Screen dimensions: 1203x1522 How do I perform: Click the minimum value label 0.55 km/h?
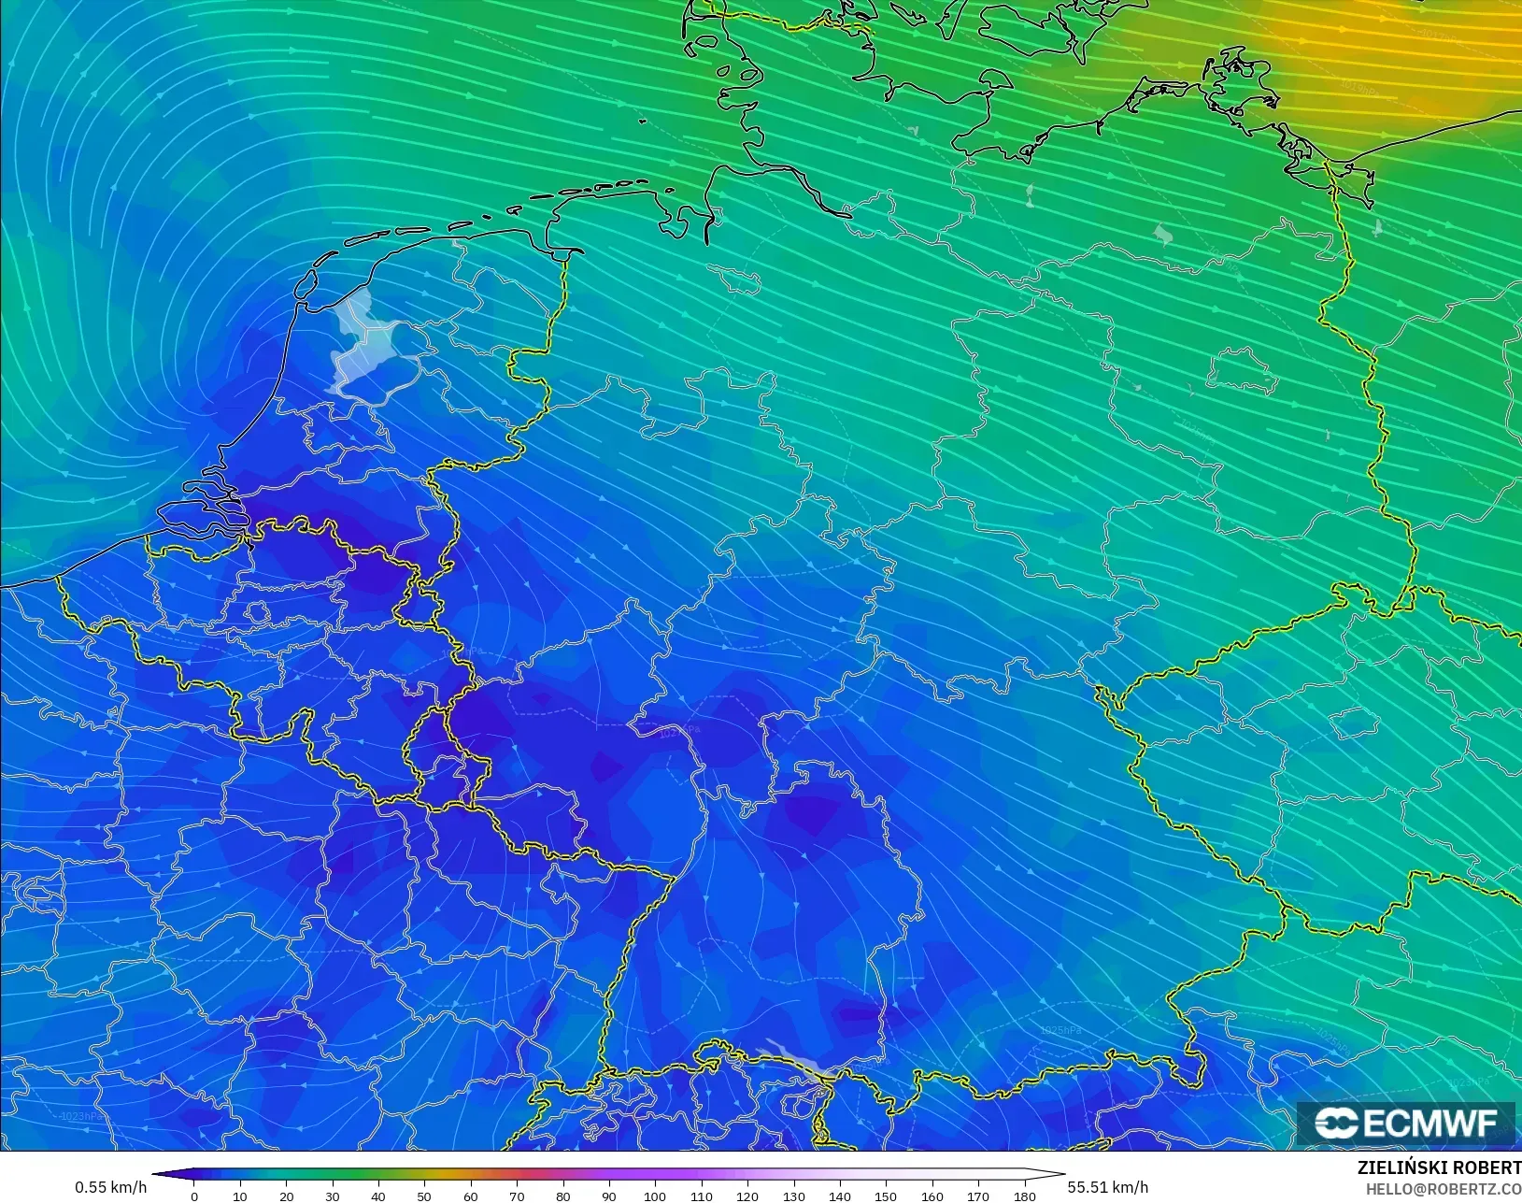tap(110, 1187)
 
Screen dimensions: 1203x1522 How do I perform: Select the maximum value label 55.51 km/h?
tap(1107, 1187)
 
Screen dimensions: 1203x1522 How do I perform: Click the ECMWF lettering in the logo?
tap(1430, 1123)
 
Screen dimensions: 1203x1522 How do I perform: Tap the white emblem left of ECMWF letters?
tap(1337, 1123)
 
